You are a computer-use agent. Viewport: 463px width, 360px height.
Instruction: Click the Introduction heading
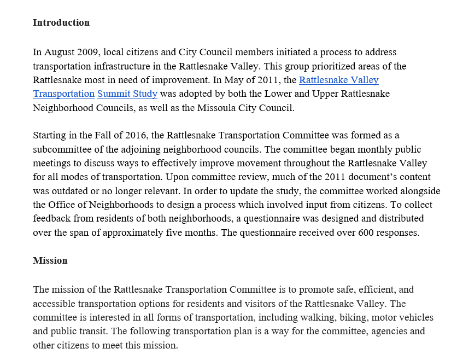(x=61, y=22)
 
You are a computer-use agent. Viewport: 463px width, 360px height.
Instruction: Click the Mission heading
(x=50, y=260)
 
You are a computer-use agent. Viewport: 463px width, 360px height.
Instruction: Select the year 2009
(x=89, y=53)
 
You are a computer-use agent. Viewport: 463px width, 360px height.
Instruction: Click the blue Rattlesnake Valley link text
(x=338, y=80)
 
